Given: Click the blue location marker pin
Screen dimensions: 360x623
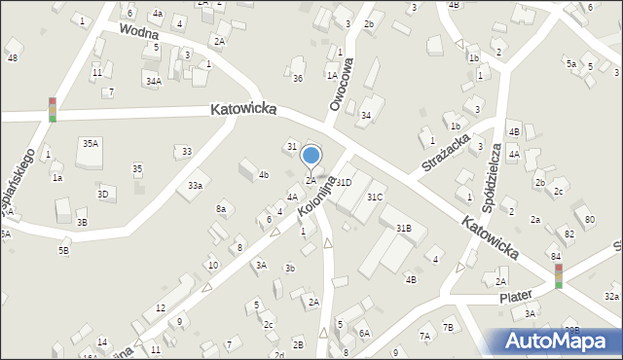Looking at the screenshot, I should pos(311,156).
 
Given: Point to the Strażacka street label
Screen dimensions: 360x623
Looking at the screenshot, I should pos(446,153).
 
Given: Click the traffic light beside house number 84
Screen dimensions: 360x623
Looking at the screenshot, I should pos(558,276).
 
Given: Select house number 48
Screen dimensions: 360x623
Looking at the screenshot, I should pos(12,57).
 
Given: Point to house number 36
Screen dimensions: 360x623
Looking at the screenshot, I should pos(298,78).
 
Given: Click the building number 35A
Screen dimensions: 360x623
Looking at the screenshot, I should pos(90,143).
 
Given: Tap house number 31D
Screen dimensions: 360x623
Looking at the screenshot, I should pos(344,182).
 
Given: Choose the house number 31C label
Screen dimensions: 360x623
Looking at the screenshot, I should pos(375,197).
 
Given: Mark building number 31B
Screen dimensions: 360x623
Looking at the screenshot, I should pos(403,228).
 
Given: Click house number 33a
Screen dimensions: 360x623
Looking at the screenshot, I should pos(196,185).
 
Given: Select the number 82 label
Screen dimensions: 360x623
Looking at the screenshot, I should pos(569,234).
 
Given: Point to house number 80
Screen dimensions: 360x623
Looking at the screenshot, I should pos(590,219).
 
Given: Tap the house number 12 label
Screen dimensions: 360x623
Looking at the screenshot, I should pos(161,307).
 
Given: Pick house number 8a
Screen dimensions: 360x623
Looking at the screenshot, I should pos(221,208).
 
